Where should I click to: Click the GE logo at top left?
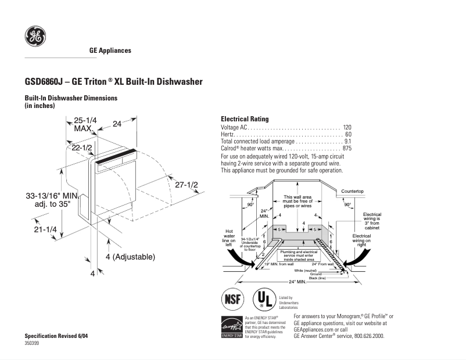35,37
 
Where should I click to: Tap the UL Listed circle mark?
263,300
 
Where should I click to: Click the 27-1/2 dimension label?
187,185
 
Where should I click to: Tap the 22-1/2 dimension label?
83,148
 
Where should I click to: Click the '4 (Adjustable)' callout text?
130,256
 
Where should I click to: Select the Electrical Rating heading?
245,119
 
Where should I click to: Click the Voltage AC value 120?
347,127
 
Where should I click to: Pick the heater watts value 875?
347,149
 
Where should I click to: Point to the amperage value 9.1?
347,141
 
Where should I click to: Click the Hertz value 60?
349,134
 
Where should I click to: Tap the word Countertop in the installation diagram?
352,191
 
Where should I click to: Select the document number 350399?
34,344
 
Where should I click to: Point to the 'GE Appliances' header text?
110,51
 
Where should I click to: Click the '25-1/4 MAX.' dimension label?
85,124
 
